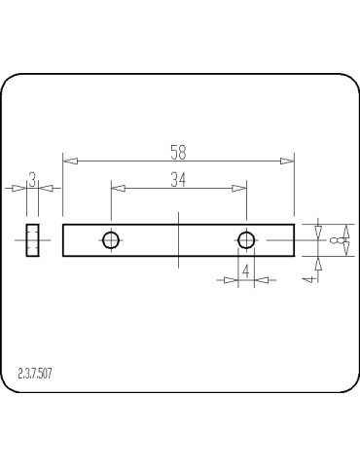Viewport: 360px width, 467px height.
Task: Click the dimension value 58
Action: (x=177, y=152)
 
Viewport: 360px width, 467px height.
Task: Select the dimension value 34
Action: (x=178, y=179)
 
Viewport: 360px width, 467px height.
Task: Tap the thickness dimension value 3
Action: (x=32, y=179)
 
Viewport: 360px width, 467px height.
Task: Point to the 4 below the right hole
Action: (x=246, y=270)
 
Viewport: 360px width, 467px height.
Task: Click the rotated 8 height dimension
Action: (x=336, y=239)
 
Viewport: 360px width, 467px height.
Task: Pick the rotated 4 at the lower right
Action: (x=307, y=278)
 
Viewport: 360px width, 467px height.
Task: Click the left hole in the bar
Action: (x=111, y=239)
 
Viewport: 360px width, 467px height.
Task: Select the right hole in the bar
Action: (x=246, y=239)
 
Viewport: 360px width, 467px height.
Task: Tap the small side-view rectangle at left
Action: (x=32, y=239)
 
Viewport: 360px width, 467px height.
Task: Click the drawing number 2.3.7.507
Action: (x=36, y=373)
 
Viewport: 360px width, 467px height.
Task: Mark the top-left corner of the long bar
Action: (x=63, y=225)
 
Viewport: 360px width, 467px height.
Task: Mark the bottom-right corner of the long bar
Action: (x=294, y=255)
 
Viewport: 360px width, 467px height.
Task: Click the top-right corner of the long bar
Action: (x=294, y=225)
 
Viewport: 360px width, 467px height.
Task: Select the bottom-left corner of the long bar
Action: (x=63, y=255)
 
